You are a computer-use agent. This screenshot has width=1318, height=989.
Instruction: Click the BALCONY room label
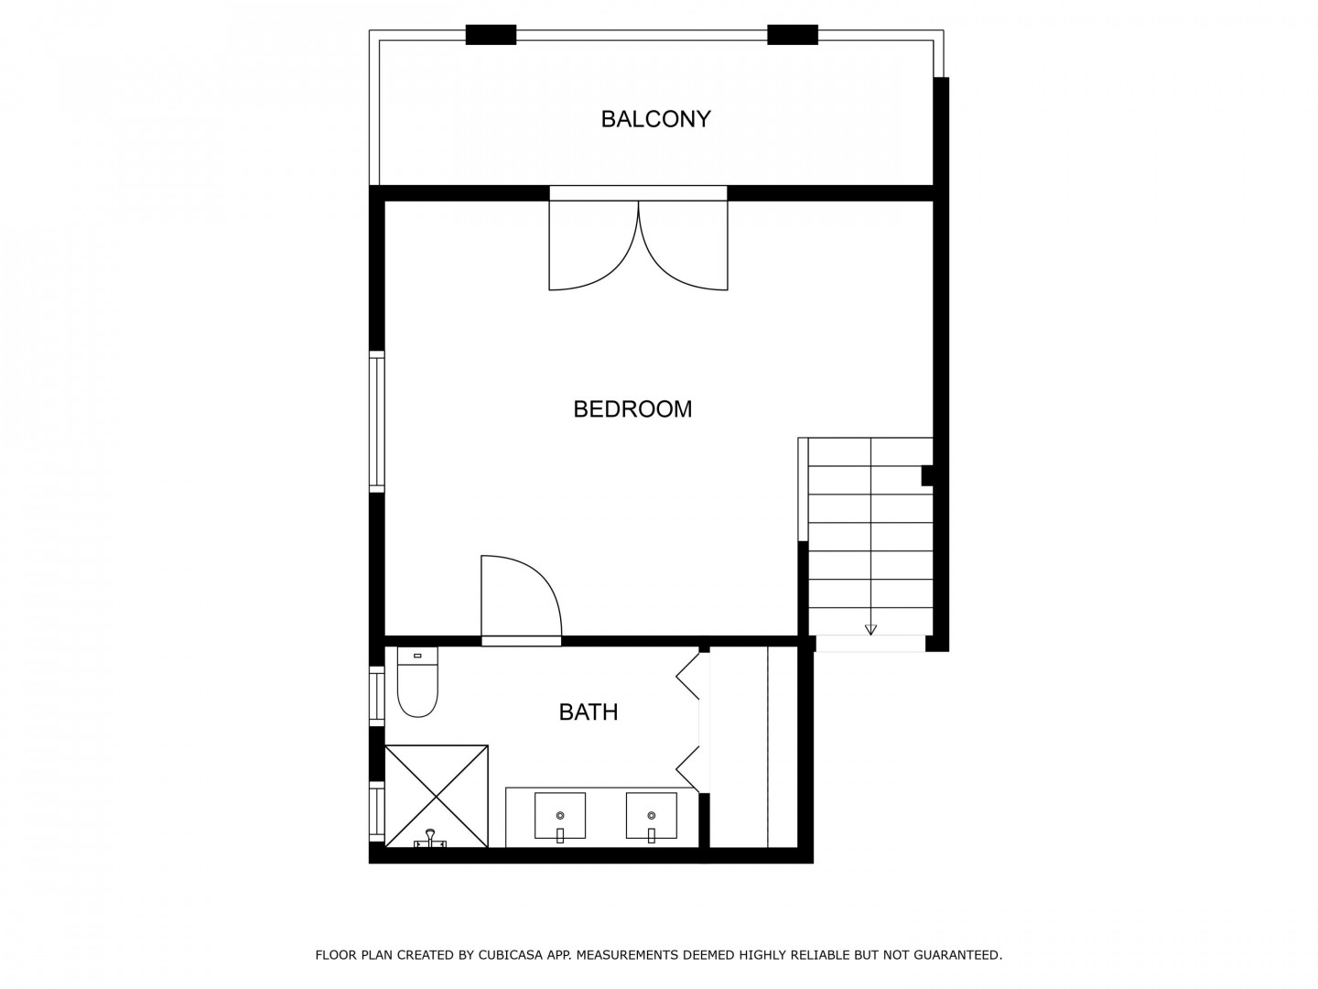655,119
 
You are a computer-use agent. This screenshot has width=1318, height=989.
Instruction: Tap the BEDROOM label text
632,409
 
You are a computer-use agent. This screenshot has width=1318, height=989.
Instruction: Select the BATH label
588,712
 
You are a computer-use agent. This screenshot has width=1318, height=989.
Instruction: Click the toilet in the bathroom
417,681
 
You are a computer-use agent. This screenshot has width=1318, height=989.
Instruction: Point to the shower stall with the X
436,797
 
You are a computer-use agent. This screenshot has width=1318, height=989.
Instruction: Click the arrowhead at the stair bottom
870,629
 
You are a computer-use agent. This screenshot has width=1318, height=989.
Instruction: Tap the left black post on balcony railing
491,35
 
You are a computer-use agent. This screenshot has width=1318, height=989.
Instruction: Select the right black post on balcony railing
792,35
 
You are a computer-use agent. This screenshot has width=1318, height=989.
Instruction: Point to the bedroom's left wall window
376,421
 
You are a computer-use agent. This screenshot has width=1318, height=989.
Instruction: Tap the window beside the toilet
376,696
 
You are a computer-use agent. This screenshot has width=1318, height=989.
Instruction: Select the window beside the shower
376,811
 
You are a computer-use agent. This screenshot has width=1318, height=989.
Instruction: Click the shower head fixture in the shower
430,838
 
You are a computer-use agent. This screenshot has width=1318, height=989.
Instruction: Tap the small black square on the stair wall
927,475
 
